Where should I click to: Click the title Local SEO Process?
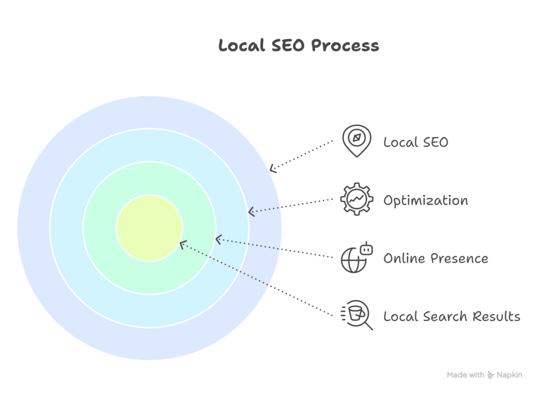click(x=298, y=46)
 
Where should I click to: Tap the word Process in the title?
click(x=345, y=46)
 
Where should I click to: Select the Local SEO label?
click(x=415, y=142)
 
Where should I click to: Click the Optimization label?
click(x=425, y=200)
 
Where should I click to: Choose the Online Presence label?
click(x=435, y=258)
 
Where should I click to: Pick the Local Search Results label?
click(x=452, y=316)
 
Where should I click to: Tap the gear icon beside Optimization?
click(x=356, y=199)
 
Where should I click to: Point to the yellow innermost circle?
click(x=149, y=228)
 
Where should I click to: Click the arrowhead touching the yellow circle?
click(x=182, y=244)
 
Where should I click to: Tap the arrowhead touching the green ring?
click(x=218, y=239)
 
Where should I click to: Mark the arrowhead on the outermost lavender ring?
click(x=272, y=169)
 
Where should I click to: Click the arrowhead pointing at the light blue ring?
click(x=251, y=212)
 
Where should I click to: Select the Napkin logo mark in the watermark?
click(x=491, y=375)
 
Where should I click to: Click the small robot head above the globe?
click(x=366, y=247)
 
